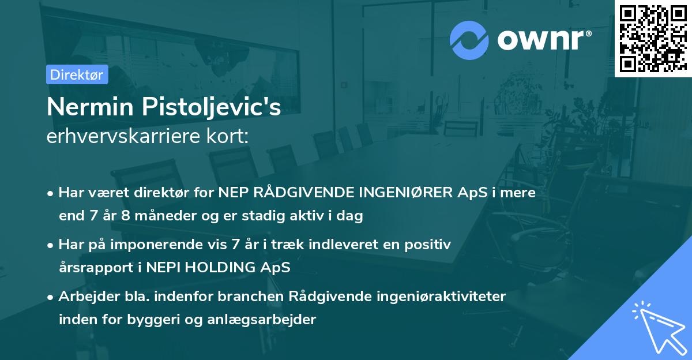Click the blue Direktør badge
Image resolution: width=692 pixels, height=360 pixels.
(x=77, y=74)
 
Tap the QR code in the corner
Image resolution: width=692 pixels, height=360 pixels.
(x=653, y=39)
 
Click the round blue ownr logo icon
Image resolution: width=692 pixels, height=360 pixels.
(x=469, y=40)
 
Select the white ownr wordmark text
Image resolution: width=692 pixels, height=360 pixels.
(x=544, y=40)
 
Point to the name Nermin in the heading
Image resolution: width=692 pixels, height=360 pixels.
(x=90, y=107)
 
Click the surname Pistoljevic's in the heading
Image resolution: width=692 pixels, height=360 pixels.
(x=211, y=107)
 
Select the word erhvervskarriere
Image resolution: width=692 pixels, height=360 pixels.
(x=123, y=136)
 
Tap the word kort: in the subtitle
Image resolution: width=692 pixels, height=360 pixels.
(x=227, y=136)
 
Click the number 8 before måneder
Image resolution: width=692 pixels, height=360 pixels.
(x=126, y=215)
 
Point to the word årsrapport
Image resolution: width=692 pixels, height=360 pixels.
(x=96, y=268)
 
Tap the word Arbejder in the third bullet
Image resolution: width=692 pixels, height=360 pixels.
(x=89, y=297)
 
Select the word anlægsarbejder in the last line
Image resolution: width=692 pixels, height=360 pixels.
(x=261, y=320)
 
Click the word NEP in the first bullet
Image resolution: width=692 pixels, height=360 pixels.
(x=233, y=193)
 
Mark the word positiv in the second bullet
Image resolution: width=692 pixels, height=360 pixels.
(x=428, y=245)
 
